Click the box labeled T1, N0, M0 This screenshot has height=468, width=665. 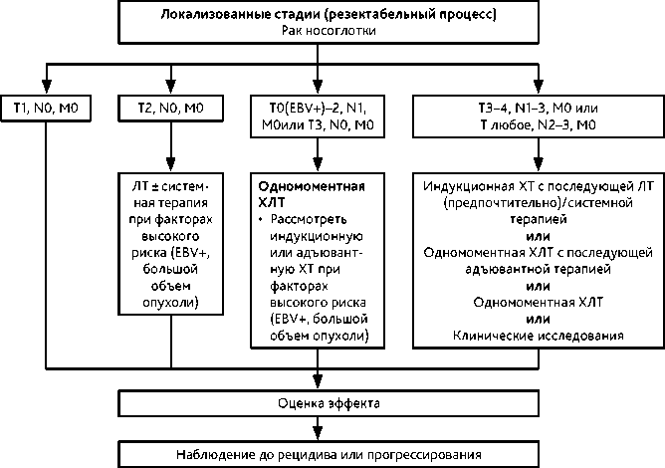tap(46, 105)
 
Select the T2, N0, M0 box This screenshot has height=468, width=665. tap(171, 105)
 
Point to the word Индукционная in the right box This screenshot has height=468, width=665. tap(462, 186)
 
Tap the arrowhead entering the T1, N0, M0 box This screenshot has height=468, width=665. tap(46, 84)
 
